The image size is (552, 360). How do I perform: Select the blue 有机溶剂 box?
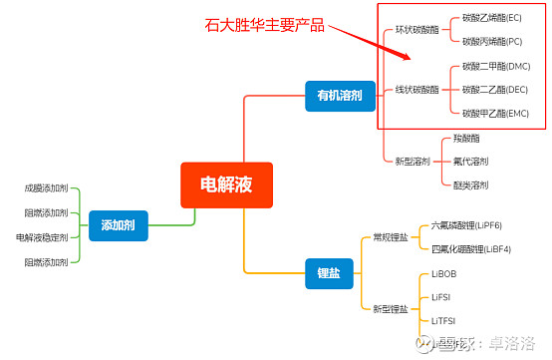point(339,96)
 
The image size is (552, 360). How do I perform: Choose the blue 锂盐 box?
point(329,273)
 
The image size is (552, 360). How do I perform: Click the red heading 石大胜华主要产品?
point(263,25)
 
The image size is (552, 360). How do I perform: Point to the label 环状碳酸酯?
point(416,31)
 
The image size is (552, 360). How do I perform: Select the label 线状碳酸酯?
point(416,90)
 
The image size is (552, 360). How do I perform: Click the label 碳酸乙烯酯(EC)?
point(492,18)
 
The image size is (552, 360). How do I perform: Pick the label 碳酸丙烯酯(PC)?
point(492,42)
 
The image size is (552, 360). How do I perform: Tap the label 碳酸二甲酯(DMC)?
point(496,67)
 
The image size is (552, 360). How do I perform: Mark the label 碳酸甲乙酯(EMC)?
point(496,114)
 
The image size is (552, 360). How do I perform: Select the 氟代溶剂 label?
point(470,161)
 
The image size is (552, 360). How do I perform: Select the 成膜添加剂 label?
point(46,187)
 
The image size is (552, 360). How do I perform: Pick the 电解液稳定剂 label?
point(42,237)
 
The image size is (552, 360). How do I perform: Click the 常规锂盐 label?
point(389,237)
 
